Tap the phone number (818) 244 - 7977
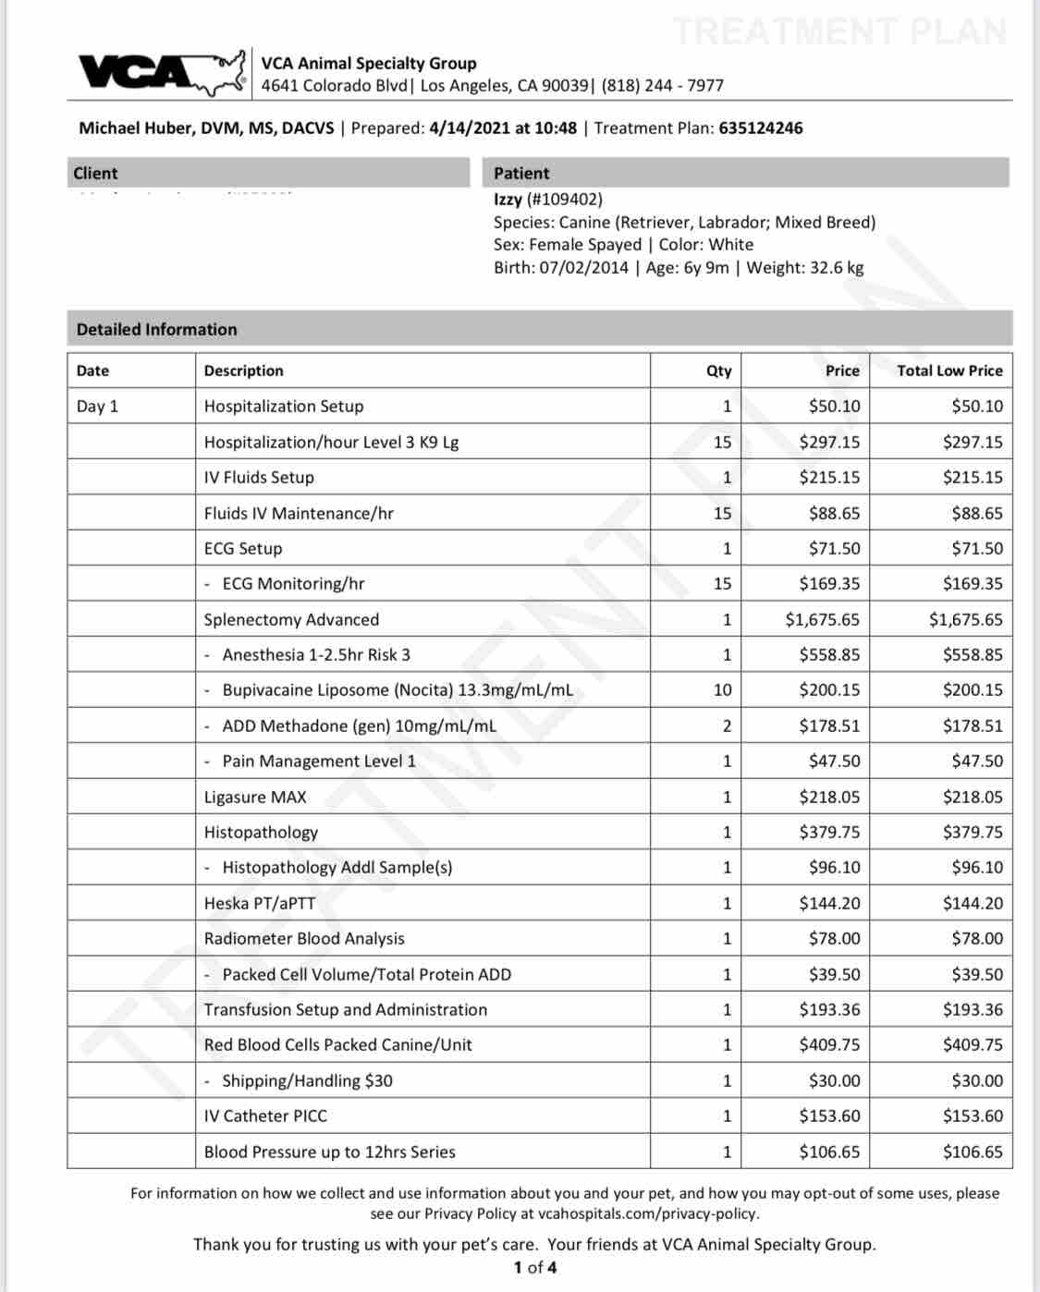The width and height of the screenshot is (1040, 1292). click(662, 86)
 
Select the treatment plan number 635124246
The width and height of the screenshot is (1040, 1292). click(760, 128)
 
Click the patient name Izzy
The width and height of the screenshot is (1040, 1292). click(508, 200)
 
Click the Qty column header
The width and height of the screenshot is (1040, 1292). click(718, 371)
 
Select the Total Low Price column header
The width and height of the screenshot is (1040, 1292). click(949, 371)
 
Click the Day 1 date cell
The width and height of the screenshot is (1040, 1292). click(97, 407)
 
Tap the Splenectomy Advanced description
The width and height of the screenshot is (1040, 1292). click(291, 620)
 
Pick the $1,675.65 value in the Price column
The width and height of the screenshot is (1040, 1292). click(822, 620)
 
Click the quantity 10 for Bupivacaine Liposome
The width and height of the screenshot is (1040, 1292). click(722, 690)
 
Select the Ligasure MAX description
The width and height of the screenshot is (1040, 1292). click(255, 798)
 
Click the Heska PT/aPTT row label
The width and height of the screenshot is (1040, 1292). click(260, 904)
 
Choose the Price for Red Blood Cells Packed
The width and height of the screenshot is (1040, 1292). click(829, 1045)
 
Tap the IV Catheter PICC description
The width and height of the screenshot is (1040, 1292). click(265, 1116)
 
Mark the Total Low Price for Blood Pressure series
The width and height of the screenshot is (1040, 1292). click(973, 1152)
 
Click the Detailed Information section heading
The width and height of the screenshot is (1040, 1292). click(157, 330)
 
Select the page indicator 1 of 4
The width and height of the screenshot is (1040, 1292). click(535, 1268)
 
